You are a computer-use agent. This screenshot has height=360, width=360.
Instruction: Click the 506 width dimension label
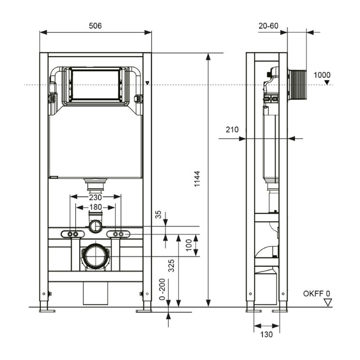click(x=95, y=26)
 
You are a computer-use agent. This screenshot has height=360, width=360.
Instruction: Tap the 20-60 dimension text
click(x=268, y=26)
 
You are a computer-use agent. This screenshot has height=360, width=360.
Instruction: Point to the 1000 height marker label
click(x=322, y=75)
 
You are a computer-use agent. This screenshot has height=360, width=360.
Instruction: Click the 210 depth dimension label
click(x=232, y=130)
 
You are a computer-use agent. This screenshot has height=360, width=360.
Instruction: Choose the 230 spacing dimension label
click(x=95, y=197)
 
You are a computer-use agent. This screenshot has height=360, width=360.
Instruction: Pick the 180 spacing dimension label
click(x=95, y=207)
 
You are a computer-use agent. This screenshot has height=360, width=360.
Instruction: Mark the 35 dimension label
click(x=158, y=215)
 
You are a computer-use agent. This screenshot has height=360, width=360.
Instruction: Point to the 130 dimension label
click(x=266, y=334)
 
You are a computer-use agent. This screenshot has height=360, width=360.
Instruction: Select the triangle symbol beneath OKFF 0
click(x=328, y=302)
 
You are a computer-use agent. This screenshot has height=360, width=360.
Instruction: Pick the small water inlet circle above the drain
click(x=95, y=226)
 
